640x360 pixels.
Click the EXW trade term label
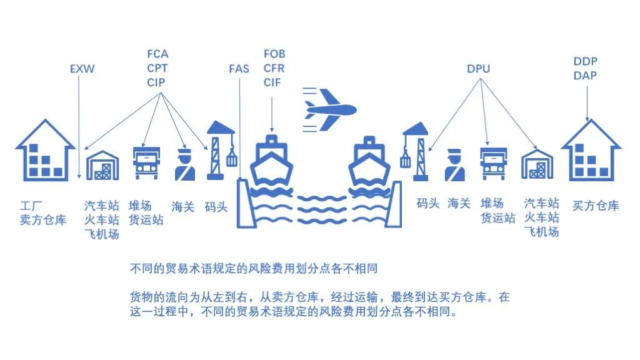(x=82, y=69)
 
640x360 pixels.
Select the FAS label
(x=239, y=69)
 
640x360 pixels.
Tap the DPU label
(x=478, y=69)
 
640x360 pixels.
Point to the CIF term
(x=272, y=82)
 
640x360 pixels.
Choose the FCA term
(x=157, y=54)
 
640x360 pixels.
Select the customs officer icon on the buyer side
(x=455, y=165)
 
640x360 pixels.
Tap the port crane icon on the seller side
(x=218, y=151)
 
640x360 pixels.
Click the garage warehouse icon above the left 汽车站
(x=102, y=166)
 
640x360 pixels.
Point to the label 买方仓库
(x=596, y=205)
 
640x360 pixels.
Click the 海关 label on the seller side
(x=183, y=205)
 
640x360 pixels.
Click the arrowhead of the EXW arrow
(x=79, y=177)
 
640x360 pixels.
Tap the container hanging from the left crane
(x=232, y=159)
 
